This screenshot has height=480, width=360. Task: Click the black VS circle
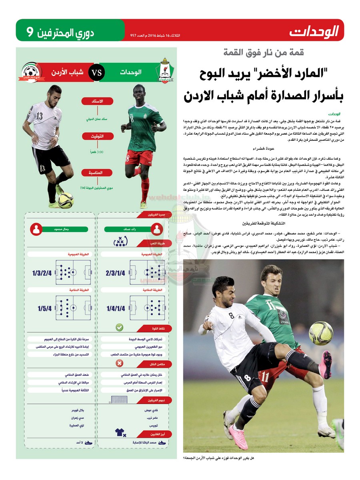coord(96,73)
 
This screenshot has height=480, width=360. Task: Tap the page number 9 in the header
coord(29,31)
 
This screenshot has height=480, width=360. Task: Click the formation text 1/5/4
coord(44,308)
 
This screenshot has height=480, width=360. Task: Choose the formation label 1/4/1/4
coord(116,308)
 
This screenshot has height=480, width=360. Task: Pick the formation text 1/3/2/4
coord(42,273)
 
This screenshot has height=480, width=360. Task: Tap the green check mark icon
coord(119,328)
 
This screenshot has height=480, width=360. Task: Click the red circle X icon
coord(119,363)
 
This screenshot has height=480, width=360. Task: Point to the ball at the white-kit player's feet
coord(65,200)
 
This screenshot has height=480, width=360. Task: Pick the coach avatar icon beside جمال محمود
coord(37,230)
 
